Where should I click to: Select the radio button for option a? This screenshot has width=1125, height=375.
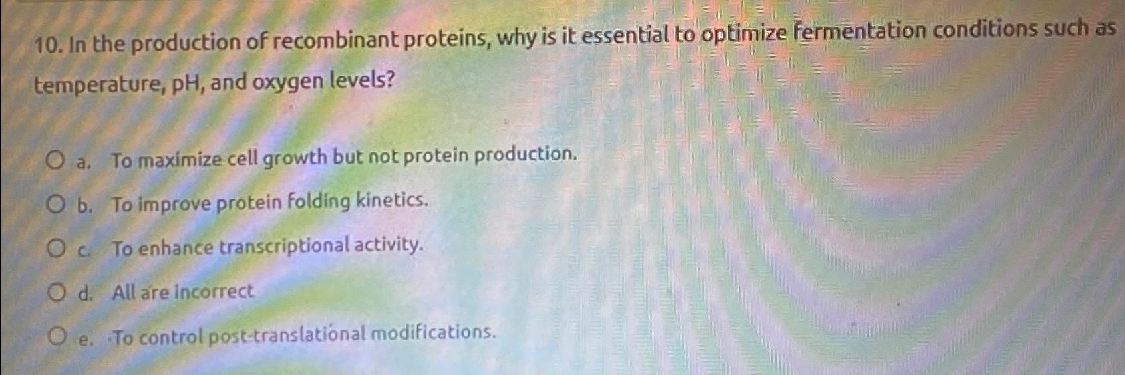pos(55,160)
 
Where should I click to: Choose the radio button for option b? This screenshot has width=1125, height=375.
pos(56,204)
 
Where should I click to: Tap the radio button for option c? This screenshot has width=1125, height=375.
pos(56,249)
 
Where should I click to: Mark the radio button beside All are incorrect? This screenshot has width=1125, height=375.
pos(57,291)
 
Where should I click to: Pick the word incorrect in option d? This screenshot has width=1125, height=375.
pos(214,291)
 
